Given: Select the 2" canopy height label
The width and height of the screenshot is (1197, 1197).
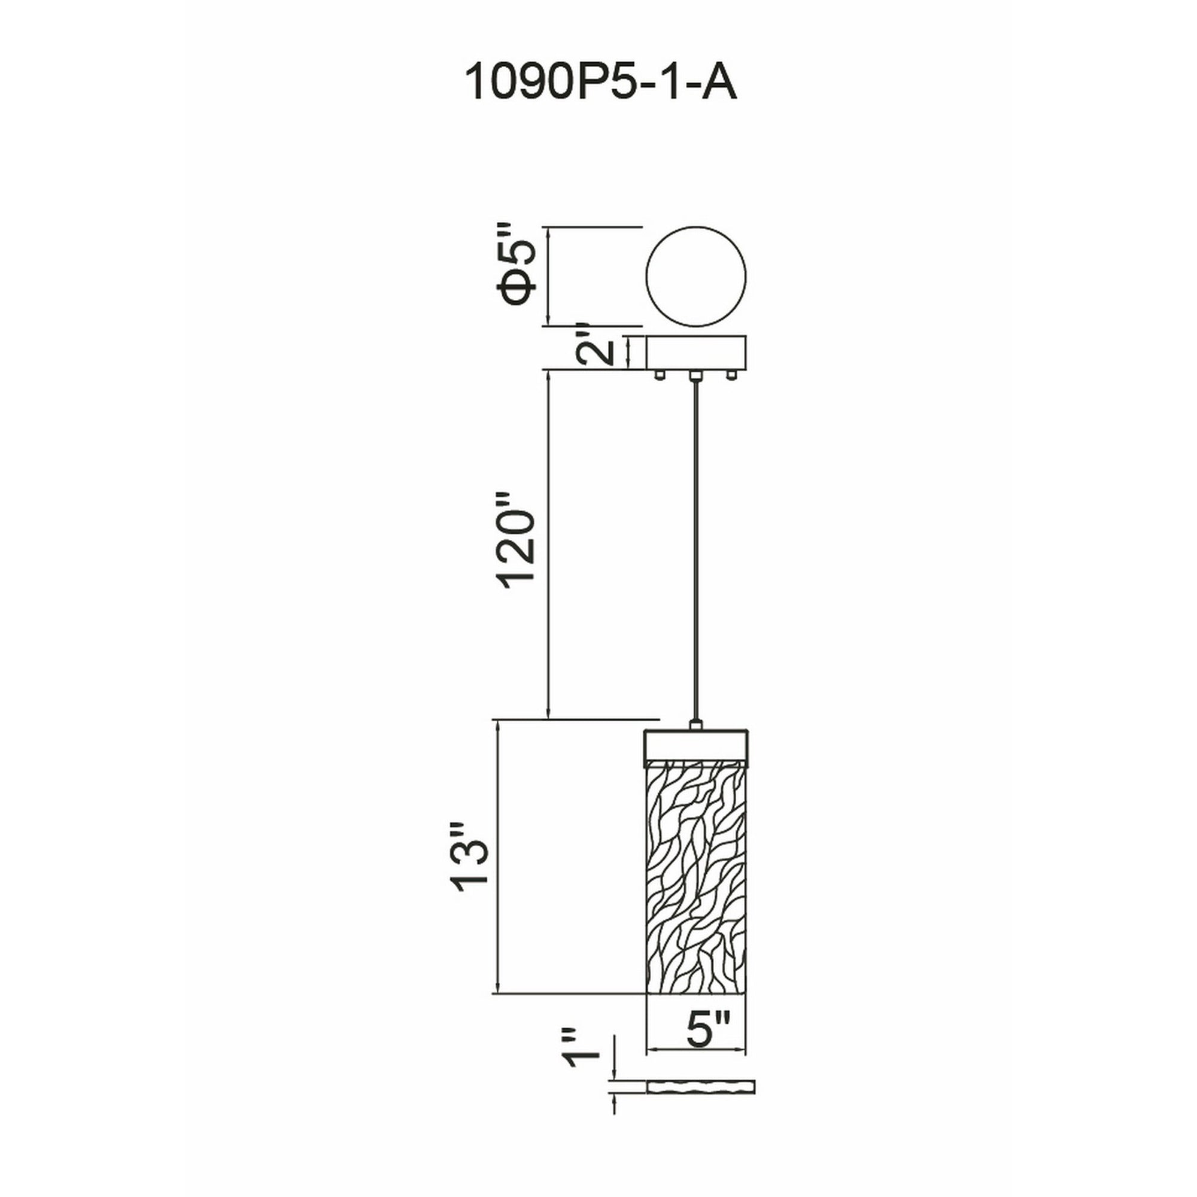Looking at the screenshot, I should tap(595, 352).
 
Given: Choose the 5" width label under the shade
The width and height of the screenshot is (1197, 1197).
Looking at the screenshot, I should tap(706, 1029).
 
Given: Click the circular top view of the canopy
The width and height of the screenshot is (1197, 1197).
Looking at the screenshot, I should tap(696, 277).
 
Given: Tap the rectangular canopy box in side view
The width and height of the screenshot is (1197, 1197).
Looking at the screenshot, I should tap(697, 353).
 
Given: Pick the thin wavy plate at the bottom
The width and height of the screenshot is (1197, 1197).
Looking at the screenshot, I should tap(701, 1105).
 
